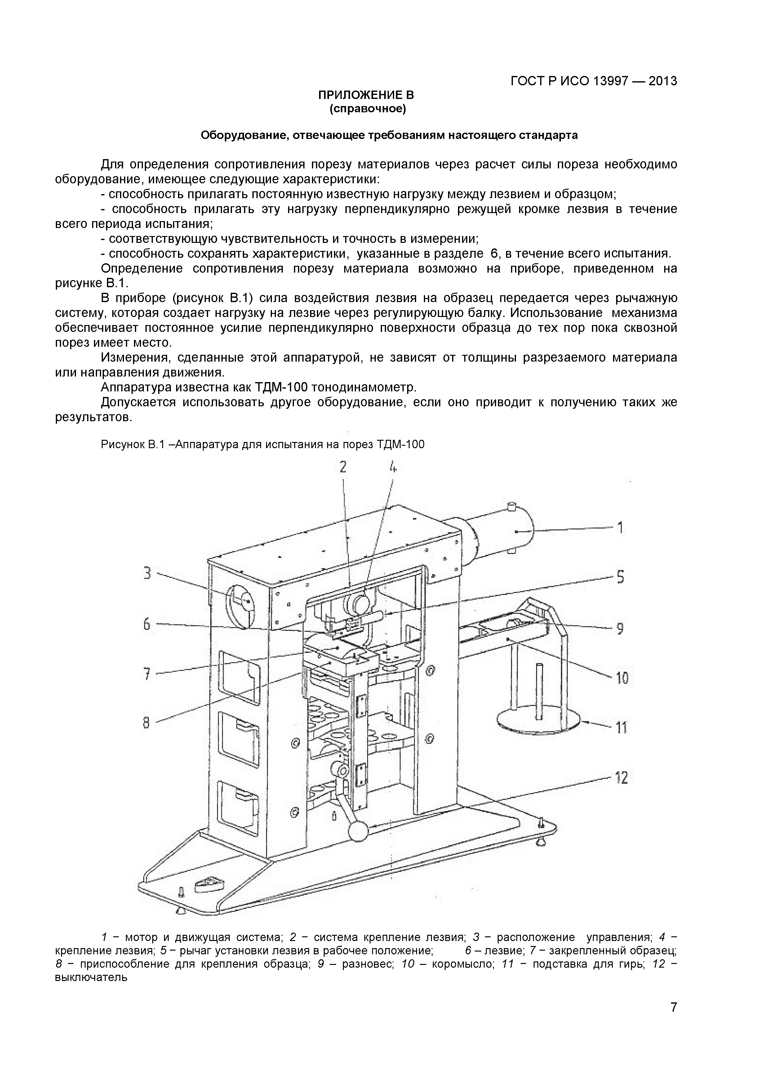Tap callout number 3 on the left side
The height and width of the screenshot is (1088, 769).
click(x=147, y=573)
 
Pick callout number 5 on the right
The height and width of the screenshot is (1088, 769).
click(x=620, y=577)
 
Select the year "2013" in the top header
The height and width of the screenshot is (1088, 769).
click(x=662, y=81)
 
